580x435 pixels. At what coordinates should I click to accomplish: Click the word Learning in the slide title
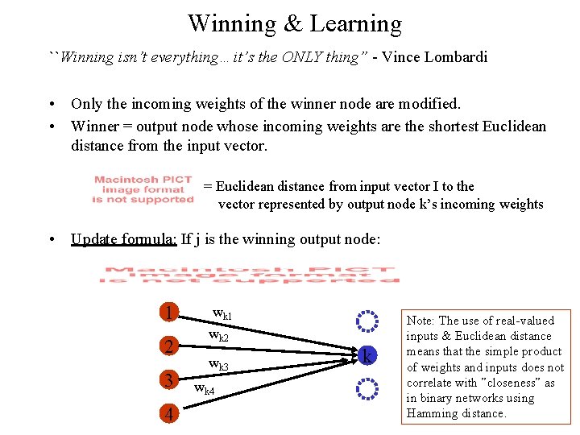pos(354,24)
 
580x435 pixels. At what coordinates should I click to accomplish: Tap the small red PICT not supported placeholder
pos(143,189)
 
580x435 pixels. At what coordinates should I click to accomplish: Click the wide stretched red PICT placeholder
pos(250,274)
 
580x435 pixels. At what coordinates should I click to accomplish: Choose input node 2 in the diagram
pos(168,347)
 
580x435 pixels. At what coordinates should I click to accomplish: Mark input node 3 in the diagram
pos(168,380)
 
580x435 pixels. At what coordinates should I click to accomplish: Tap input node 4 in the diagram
pos(168,415)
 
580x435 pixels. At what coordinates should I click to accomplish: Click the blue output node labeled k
pos(367,355)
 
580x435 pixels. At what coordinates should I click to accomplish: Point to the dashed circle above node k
pos(367,321)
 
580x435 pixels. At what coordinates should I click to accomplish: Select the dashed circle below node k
pos(367,390)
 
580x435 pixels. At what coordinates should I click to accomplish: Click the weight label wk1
pos(222,313)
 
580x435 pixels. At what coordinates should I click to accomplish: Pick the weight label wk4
pos(204,389)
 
